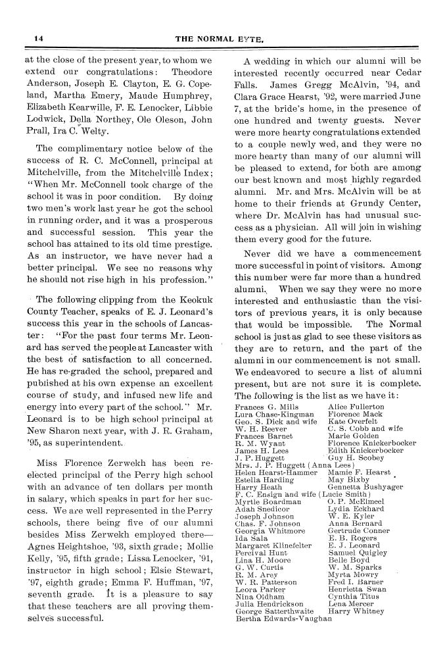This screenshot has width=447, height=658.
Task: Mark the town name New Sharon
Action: point(55,430)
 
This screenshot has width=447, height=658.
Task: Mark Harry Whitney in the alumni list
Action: point(356,611)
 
